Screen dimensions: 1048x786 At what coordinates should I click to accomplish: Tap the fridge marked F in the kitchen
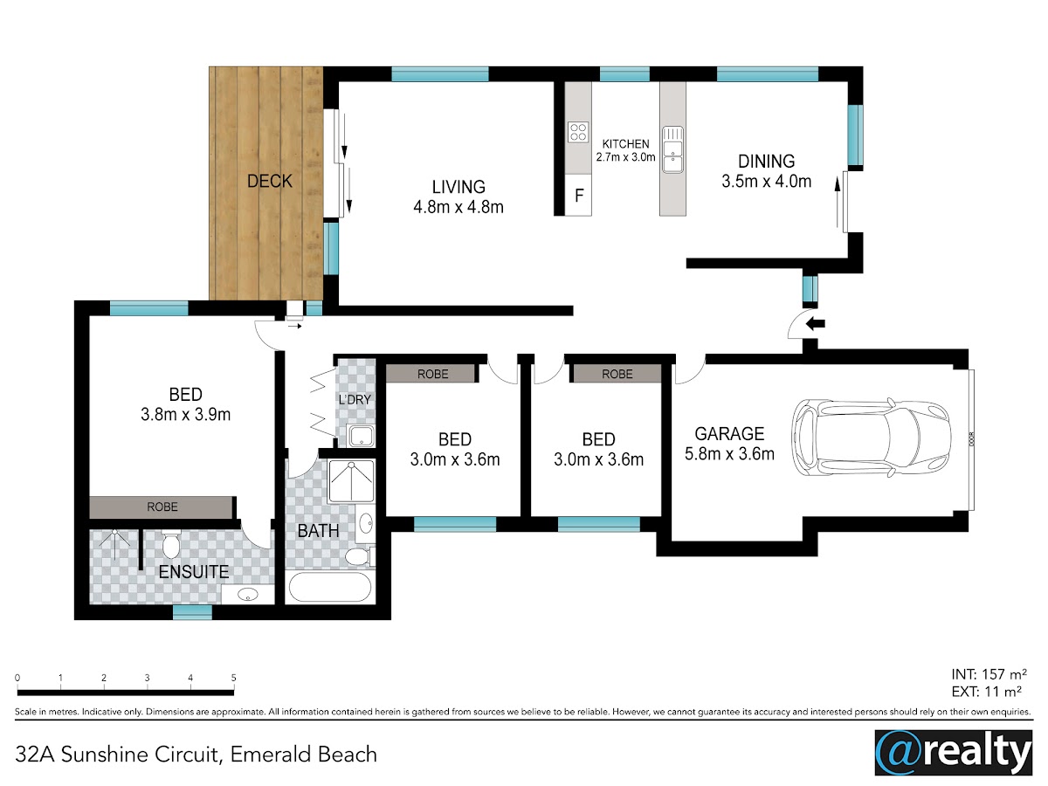[578, 195]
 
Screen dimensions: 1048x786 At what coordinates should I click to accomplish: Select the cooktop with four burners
[578, 132]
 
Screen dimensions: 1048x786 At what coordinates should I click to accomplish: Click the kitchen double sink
[672, 149]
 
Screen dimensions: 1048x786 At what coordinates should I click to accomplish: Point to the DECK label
[269, 182]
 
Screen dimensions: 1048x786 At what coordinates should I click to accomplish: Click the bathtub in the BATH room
[330, 587]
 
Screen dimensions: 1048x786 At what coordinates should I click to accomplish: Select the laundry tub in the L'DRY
[362, 435]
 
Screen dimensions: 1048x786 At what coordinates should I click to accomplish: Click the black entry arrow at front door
[815, 324]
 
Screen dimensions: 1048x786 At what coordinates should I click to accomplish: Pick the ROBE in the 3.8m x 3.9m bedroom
[162, 507]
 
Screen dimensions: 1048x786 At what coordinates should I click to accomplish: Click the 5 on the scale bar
[233, 678]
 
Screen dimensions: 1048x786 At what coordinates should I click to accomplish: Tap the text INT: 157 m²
[989, 674]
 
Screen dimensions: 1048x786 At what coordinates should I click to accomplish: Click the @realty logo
[954, 753]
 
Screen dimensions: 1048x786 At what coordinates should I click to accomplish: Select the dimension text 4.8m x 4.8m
[458, 207]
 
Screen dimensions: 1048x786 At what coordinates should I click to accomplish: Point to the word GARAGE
[729, 434]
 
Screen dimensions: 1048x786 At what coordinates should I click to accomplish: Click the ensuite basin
[247, 595]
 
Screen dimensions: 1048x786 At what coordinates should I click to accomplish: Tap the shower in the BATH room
[351, 481]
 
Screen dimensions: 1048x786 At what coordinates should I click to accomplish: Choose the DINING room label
[766, 162]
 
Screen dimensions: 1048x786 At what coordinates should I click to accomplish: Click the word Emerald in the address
[271, 755]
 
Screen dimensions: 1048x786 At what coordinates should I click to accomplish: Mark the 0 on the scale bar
[17, 678]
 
